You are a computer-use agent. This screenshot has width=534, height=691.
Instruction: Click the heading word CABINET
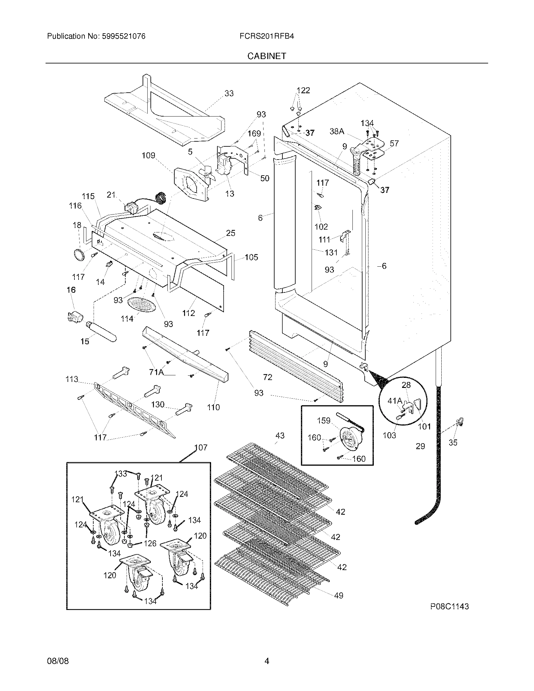pyautogui.click(x=266, y=56)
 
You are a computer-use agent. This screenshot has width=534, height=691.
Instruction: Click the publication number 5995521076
pyautogui.click(x=124, y=36)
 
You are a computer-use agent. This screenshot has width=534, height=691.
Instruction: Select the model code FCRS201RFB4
pyautogui.click(x=267, y=36)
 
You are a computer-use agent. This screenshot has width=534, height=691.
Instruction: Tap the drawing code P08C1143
pyautogui.click(x=449, y=607)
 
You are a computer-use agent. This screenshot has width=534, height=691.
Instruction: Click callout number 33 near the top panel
pyautogui.click(x=229, y=93)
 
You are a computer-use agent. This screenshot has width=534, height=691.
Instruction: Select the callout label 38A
pyautogui.click(x=337, y=131)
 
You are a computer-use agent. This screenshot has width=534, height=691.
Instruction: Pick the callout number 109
pyautogui.click(x=148, y=155)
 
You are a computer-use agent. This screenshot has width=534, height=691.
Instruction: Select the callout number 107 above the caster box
pyautogui.click(x=201, y=447)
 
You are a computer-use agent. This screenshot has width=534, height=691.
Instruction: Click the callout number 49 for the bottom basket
pyautogui.click(x=339, y=596)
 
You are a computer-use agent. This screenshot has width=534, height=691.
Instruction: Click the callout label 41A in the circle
pyautogui.click(x=395, y=401)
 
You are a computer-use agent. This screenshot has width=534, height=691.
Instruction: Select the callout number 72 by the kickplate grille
pyautogui.click(x=268, y=377)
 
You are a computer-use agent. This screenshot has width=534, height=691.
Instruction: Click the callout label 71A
pyautogui.click(x=156, y=373)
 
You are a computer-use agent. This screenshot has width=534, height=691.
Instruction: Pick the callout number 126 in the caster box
pyautogui.click(x=150, y=543)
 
